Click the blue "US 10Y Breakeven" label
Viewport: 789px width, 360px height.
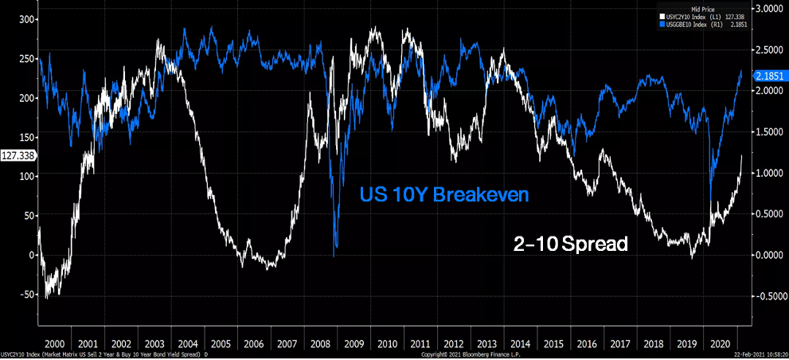click(x=443, y=194)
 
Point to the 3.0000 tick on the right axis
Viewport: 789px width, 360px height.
click(x=767, y=8)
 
